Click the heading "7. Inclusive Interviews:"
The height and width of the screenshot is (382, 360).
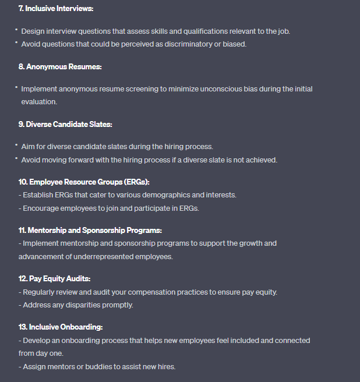coord(55,9)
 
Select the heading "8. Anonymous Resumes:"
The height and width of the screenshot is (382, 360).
coord(60,67)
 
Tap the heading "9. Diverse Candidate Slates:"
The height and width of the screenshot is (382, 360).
coord(65,124)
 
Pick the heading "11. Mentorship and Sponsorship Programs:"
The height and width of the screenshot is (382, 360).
coord(90,230)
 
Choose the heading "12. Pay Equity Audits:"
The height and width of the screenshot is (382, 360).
coord(54,279)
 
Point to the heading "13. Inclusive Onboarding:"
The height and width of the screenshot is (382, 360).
coord(61,327)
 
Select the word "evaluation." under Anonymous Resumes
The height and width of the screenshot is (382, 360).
coord(39,101)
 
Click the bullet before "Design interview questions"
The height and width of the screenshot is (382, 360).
coord(17,30)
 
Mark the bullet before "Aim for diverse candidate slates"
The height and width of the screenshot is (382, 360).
coord(17,146)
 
